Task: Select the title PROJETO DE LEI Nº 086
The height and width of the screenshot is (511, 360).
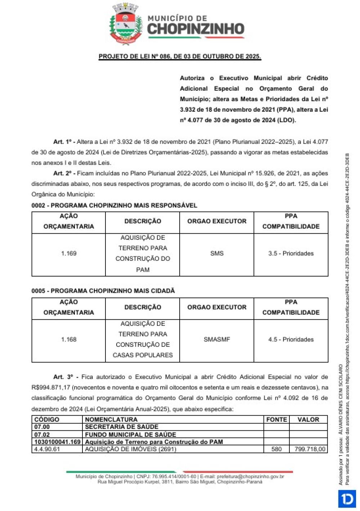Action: pyautogui.click(x=180, y=57)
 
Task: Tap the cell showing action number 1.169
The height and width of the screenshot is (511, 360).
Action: pyautogui.click(x=69, y=254)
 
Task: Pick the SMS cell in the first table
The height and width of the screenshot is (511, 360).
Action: pyautogui.click(x=217, y=254)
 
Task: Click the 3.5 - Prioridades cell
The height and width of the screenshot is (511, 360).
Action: pyautogui.click(x=291, y=254)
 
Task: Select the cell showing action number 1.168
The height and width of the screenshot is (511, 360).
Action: pyautogui.click(x=69, y=340)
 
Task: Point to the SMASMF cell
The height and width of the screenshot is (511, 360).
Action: pyautogui.click(x=217, y=340)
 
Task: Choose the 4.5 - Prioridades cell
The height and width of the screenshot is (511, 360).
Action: pyautogui.click(x=291, y=340)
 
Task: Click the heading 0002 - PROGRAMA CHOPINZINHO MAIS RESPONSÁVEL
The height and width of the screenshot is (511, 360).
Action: pyautogui.click(x=114, y=206)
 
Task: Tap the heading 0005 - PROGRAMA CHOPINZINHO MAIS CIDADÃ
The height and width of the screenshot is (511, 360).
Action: pyautogui.click(x=103, y=291)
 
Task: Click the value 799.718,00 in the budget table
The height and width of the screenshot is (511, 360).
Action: pyautogui.click(x=310, y=449)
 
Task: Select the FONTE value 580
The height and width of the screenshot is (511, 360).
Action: pyautogui.click(x=276, y=449)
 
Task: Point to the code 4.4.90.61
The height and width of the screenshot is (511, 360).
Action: pyautogui.click(x=47, y=449)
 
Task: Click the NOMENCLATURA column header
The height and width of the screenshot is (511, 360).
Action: pyautogui.click(x=111, y=420)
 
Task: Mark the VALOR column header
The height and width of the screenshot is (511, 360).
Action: pyautogui.click(x=308, y=420)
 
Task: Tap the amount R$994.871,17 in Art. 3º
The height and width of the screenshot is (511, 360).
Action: pyautogui.click(x=51, y=388)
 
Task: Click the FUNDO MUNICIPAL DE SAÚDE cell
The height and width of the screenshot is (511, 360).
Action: pyautogui.click(x=130, y=435)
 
